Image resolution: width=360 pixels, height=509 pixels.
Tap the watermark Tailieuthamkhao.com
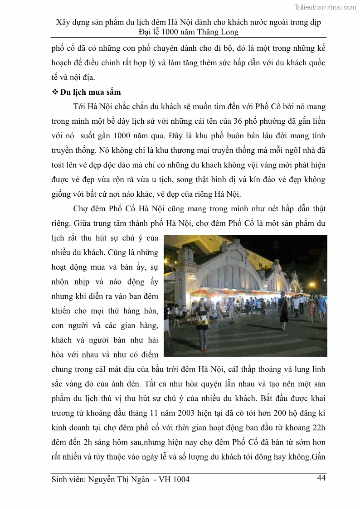point(325,7)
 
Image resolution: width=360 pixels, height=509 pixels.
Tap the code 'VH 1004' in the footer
point(175,480)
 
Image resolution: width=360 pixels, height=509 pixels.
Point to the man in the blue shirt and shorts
point(321,308)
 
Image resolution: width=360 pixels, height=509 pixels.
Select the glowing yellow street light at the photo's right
point(312,285)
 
